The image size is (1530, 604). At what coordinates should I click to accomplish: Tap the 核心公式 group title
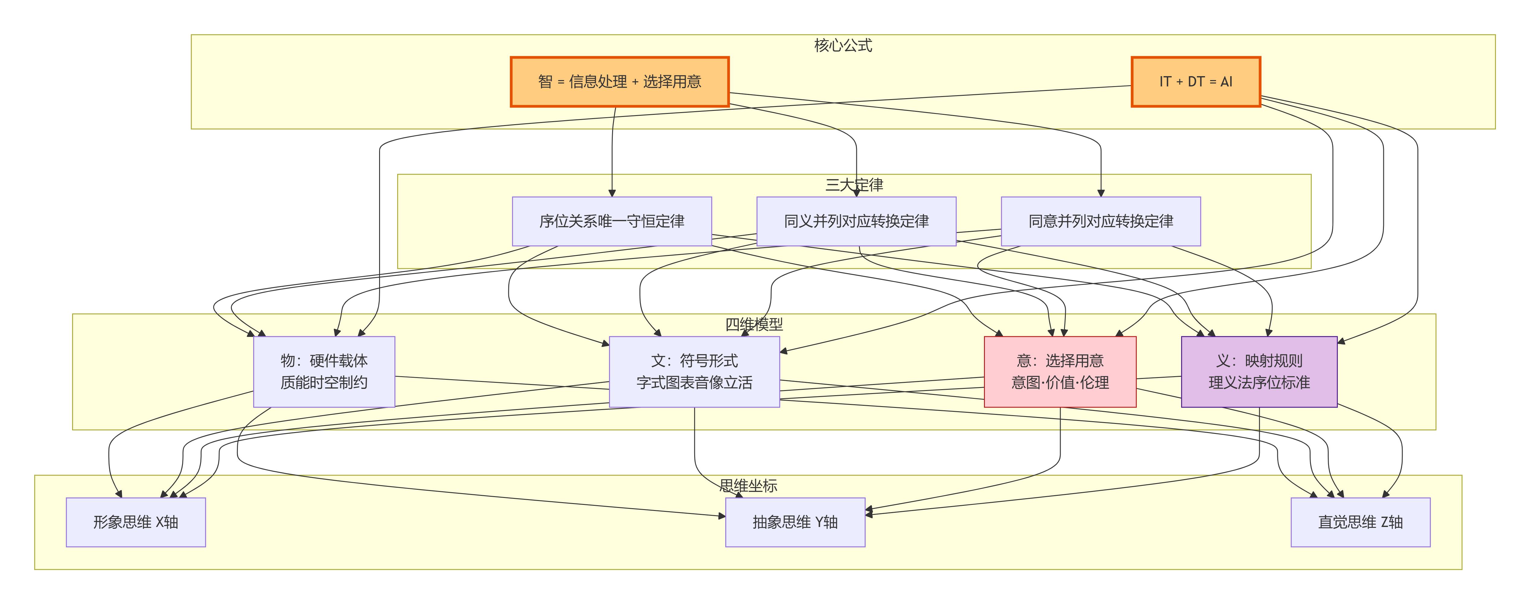click(843, 46)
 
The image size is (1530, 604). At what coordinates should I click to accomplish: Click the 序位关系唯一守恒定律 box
click(612, 221)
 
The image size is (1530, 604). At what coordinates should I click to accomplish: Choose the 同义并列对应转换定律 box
click(856, 221)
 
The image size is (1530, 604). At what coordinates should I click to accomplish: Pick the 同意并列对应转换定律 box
click(1100, 221)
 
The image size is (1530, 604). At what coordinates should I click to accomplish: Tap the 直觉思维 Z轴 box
click(1360, 522)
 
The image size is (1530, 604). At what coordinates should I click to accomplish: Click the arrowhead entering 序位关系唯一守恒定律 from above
click(612, 193)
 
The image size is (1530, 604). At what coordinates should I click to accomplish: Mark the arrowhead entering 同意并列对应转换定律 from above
click(1100, 193)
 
